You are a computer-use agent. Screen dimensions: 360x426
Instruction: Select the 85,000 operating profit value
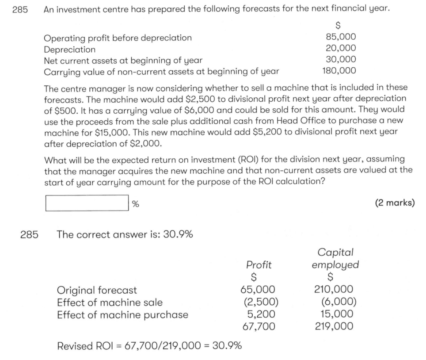[340, 38]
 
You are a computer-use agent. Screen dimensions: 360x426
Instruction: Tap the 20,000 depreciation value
[340, 49]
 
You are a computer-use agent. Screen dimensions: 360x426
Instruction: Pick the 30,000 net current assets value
[340, 60]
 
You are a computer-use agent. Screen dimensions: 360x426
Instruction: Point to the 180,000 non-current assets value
[338, 71]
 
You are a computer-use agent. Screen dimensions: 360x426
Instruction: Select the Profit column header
[259, 265]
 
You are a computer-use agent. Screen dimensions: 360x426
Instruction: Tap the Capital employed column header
[335, 259]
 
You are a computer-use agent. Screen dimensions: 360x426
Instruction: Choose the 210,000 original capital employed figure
[333, 290]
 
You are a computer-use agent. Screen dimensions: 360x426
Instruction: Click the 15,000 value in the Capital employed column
[337, 315]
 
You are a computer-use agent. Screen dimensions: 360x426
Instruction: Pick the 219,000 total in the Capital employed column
[333, 327]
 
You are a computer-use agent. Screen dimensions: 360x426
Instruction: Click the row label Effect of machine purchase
[122, 315]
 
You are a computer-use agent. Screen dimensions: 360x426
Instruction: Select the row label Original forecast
[97, 290]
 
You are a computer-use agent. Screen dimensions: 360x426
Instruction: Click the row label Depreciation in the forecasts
[70, 49]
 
